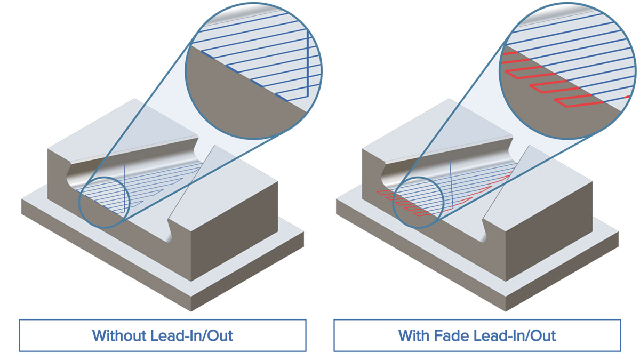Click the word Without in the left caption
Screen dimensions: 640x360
click(119, 335)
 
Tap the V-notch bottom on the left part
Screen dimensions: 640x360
click(169, 239)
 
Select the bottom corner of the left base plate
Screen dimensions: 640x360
click(191, 311)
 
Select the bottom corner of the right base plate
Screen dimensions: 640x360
click(506, 311)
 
